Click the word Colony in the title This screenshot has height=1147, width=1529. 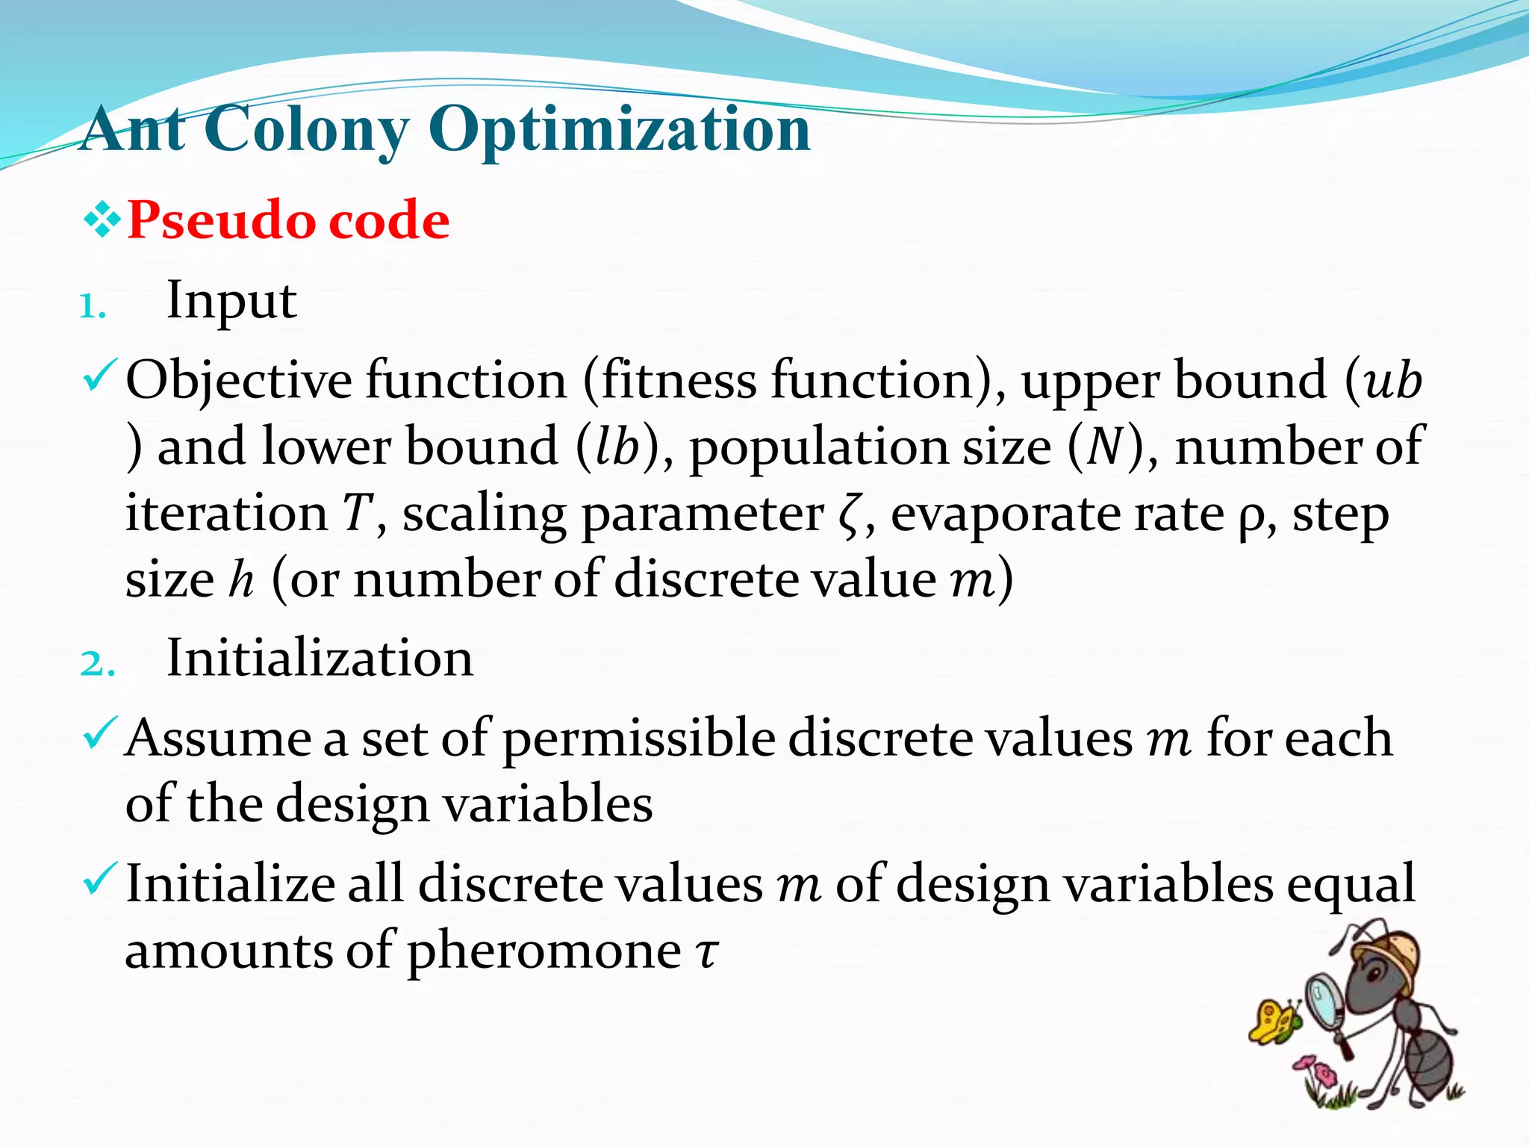(306, 129)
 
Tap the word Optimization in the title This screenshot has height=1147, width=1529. (619, 129)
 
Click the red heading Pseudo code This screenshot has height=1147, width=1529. (288, 221)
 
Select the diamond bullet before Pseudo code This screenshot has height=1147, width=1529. (102, 222)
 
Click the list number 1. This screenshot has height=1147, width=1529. (93, 306)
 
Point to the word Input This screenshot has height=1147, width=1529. (231, 301)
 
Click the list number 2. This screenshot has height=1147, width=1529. (97, 664)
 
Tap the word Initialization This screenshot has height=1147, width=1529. (320, 659)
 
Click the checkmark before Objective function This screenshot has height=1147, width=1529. (99, 376)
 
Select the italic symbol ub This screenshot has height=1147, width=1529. (1392, 381)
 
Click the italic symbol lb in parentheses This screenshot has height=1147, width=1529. (618, 447)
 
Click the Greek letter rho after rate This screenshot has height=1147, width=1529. (1249, 517)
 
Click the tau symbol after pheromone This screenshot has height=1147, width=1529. (706, 953)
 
